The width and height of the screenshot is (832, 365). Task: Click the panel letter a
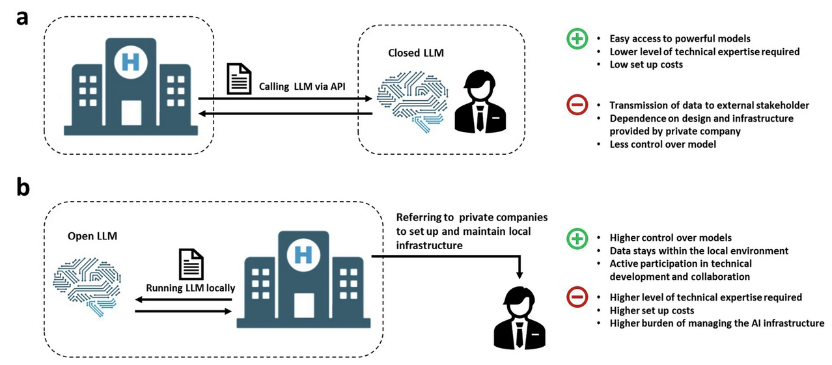[x=22, y=18]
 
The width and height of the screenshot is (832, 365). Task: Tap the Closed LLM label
[x=417, y=53]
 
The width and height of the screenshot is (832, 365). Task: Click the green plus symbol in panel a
[x=577, y=40]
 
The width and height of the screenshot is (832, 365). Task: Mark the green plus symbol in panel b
[x=577, y=239]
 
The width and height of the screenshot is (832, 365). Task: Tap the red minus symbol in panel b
[x=577, y=297]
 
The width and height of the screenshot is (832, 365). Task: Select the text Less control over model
[x=663, y=144]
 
